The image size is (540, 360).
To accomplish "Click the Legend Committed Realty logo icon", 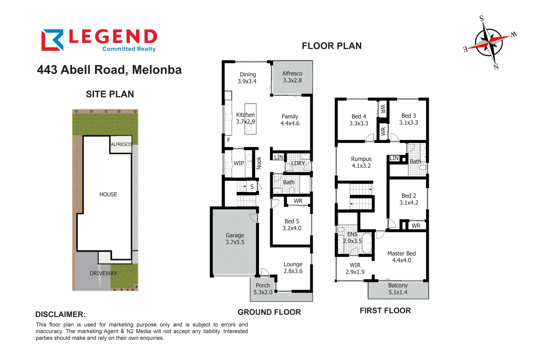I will pyautogui.click(x=52, y=40).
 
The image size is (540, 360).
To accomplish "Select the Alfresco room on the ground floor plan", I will pyautogui.click(x=292, y=77).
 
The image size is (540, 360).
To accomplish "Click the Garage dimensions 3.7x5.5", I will pyautogui.click(x=235, y=242).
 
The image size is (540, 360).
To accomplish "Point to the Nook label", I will pyautogui.click(x=259, y=163).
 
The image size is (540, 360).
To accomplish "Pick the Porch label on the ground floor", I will pyautogui.click(x=263, y=285).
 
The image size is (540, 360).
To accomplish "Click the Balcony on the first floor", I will pyautogui.click(x=398, y=289).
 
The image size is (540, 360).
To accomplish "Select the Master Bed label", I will pyautogui.click(x=401, y=253).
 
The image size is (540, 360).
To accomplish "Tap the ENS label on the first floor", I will pyautogui.click(x=352, y=234).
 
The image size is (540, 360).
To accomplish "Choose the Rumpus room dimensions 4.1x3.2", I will pyautogui.click(x=361, y=166).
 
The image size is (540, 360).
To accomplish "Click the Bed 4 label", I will pyautogui.click(x=359, y=116).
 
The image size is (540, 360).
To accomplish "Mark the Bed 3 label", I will pyautogui.click(x=408, y=116).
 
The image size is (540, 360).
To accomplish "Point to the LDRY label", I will pyautogui.click(x=298, y=163).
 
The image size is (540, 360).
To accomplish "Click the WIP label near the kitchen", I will pyautogui.click(x=239, y=163).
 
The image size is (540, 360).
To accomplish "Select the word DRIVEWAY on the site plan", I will pyautogui.click(x=103, y=273).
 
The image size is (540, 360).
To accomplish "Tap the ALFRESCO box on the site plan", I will pyautogui.click(x=121, y=144).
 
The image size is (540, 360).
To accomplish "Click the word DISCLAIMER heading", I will pyautogui.click(x=60, y=314).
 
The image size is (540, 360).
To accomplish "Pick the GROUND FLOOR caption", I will pyautogui.click(x=269, y=312).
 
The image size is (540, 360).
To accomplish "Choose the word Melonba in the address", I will pyautogui.click(x=157, y=70).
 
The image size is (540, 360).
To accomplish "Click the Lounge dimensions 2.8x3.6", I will pyautogui.click(x=293, y=271).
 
